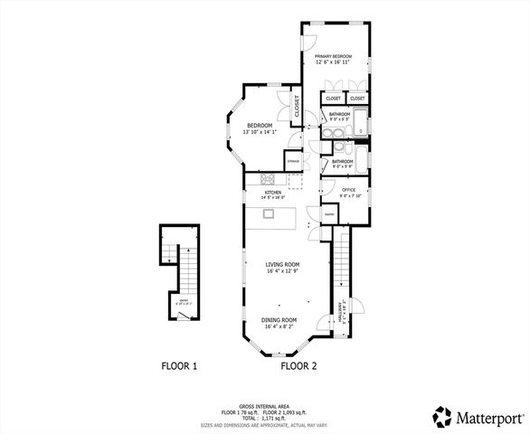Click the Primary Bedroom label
(x=333, y=57)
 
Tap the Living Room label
(x=281, y=265)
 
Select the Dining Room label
(x=280, y=320)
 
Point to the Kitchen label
(x=272, y=192)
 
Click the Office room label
(x=349, y=190)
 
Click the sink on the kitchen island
(x=269, y=213)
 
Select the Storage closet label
(x=294, y=161)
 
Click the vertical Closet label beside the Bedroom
(x=296, y=106)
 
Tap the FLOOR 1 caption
(x=179, y=366)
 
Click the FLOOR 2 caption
(x=298, y=366)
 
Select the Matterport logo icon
(x=443, y=416)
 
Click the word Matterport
(x=488, y=417)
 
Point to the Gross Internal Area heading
(x=264, y=409)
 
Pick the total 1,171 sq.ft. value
(x=271, y=420)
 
